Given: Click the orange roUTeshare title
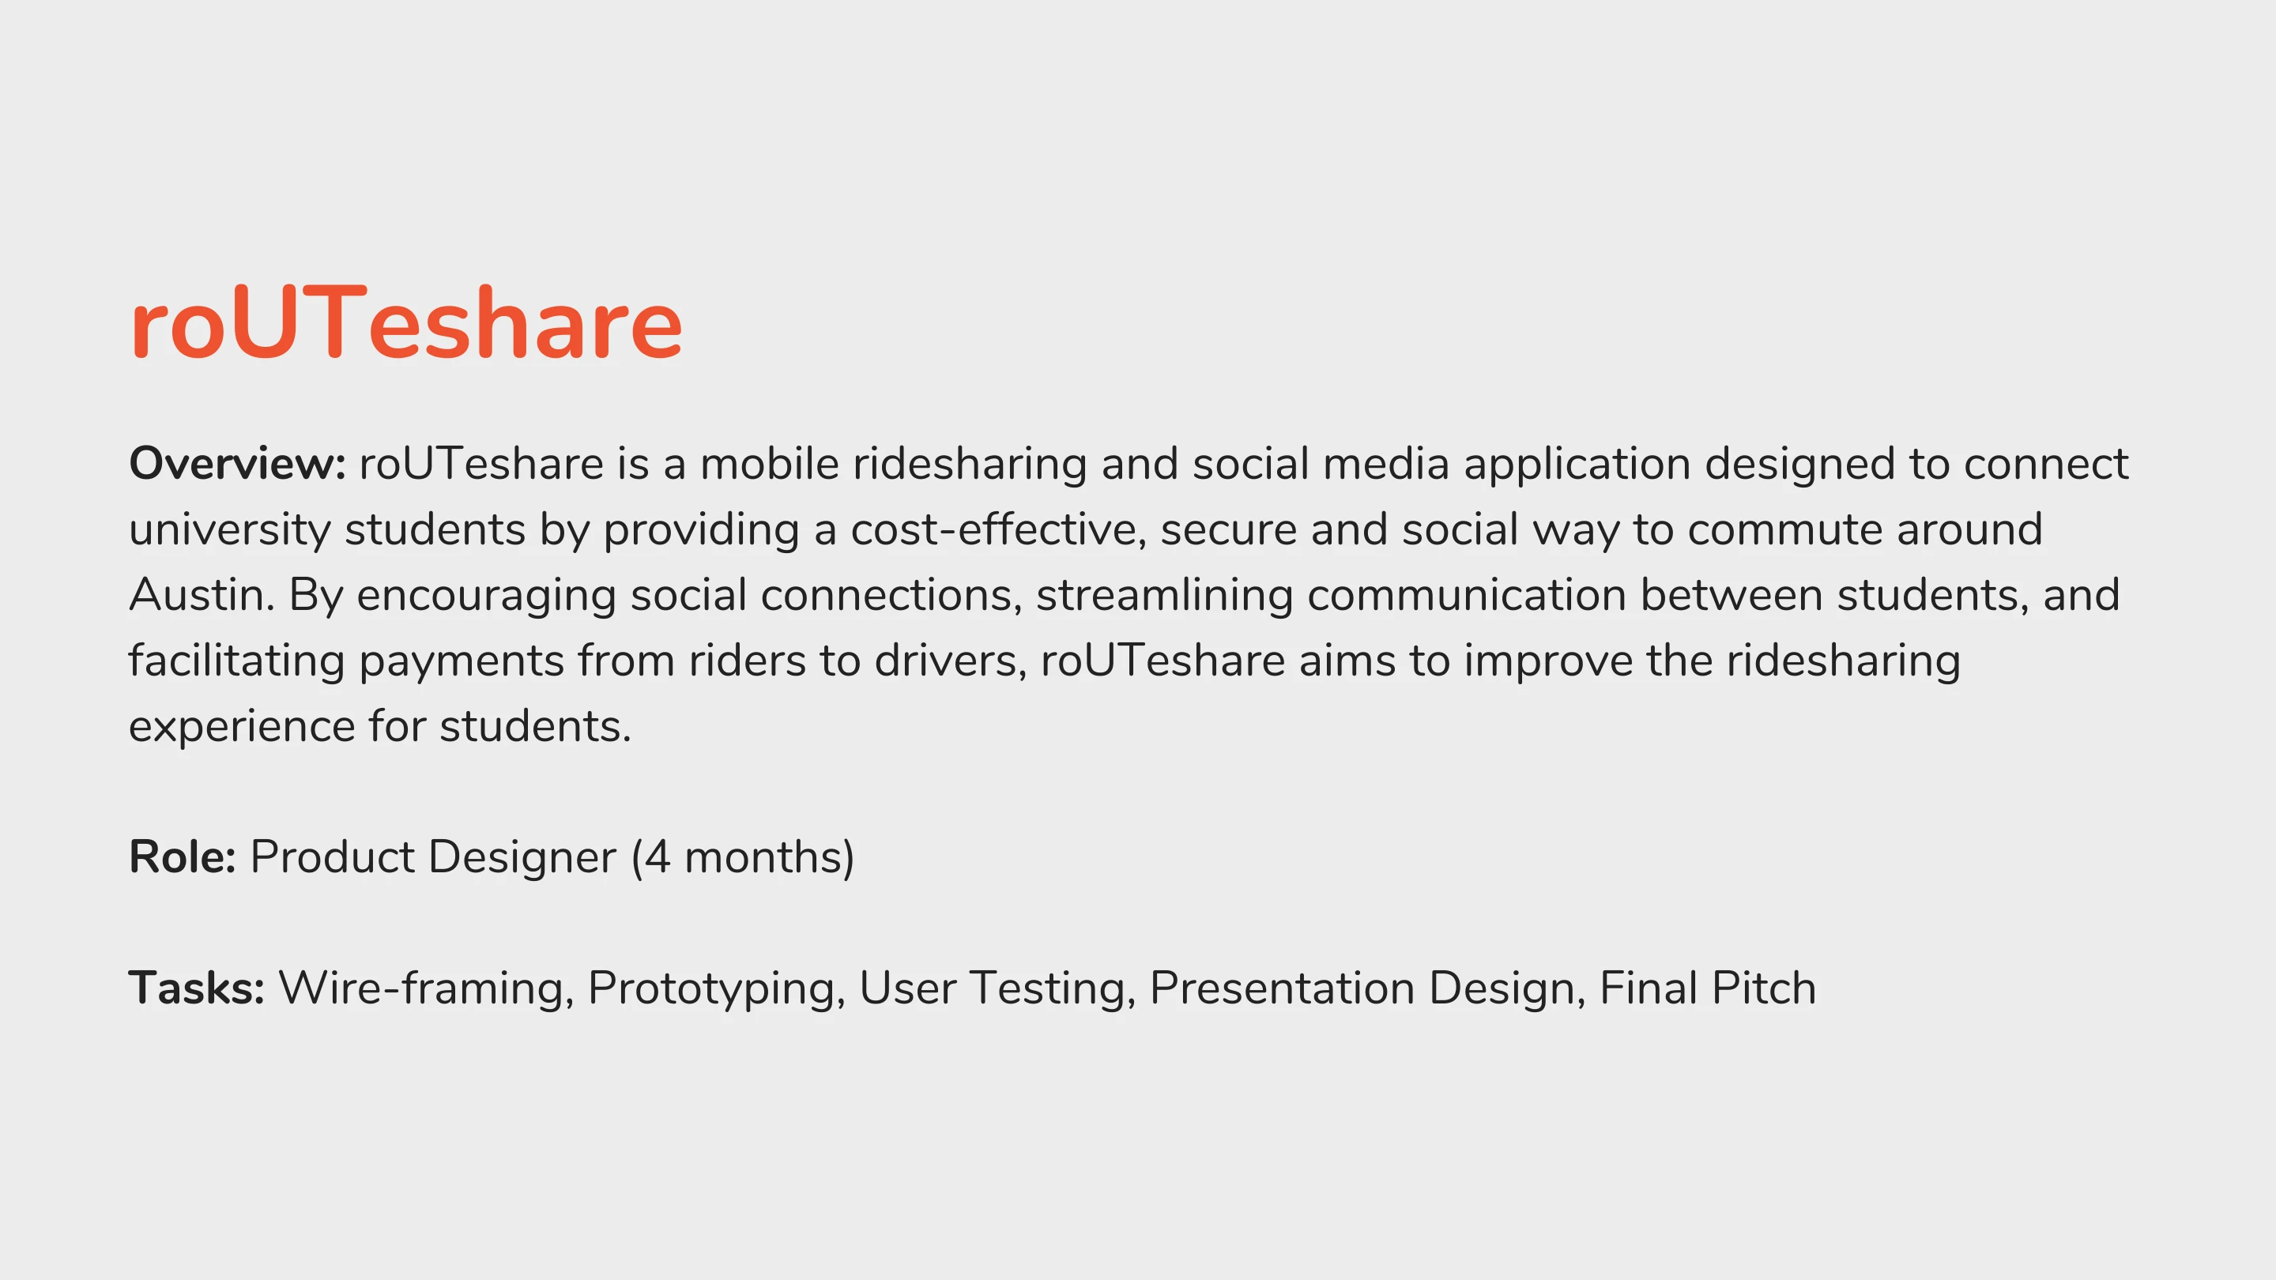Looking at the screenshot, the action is [x=406, y=323].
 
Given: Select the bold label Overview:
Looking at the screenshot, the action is [x=238, y=464].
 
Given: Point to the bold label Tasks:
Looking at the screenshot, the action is [x=197, y=988].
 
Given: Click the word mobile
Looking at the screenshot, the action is [x=769, y=464].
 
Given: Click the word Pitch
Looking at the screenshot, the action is [x=1764, y=988].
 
